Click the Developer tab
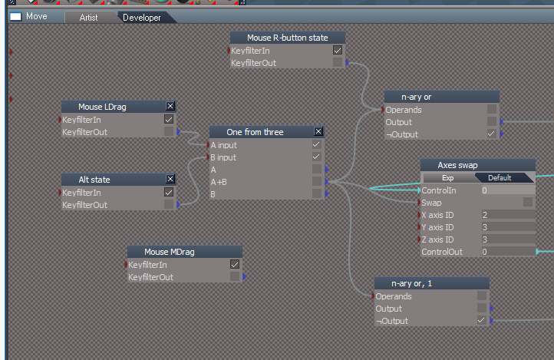(142, 18)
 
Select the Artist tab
(88, 18)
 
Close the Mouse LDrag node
(170, 106)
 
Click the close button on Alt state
(170, 179)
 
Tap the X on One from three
(318, 131)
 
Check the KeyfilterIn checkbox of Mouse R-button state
(338, 50)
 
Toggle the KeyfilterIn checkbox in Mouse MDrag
(235, 264)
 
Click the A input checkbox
(316, 144)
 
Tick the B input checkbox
(316, 157)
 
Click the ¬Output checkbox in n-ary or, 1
(481, 320)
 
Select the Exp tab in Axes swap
(447, 178)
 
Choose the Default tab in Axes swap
(500, 178)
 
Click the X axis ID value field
(508, 215)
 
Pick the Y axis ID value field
(508, 227)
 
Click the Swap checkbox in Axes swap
(527, 202)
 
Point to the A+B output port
(326, 182)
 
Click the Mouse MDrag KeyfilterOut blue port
(245, 276)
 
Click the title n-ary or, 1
(411, 283)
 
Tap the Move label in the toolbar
(36, 16)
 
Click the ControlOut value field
(508, 252)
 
